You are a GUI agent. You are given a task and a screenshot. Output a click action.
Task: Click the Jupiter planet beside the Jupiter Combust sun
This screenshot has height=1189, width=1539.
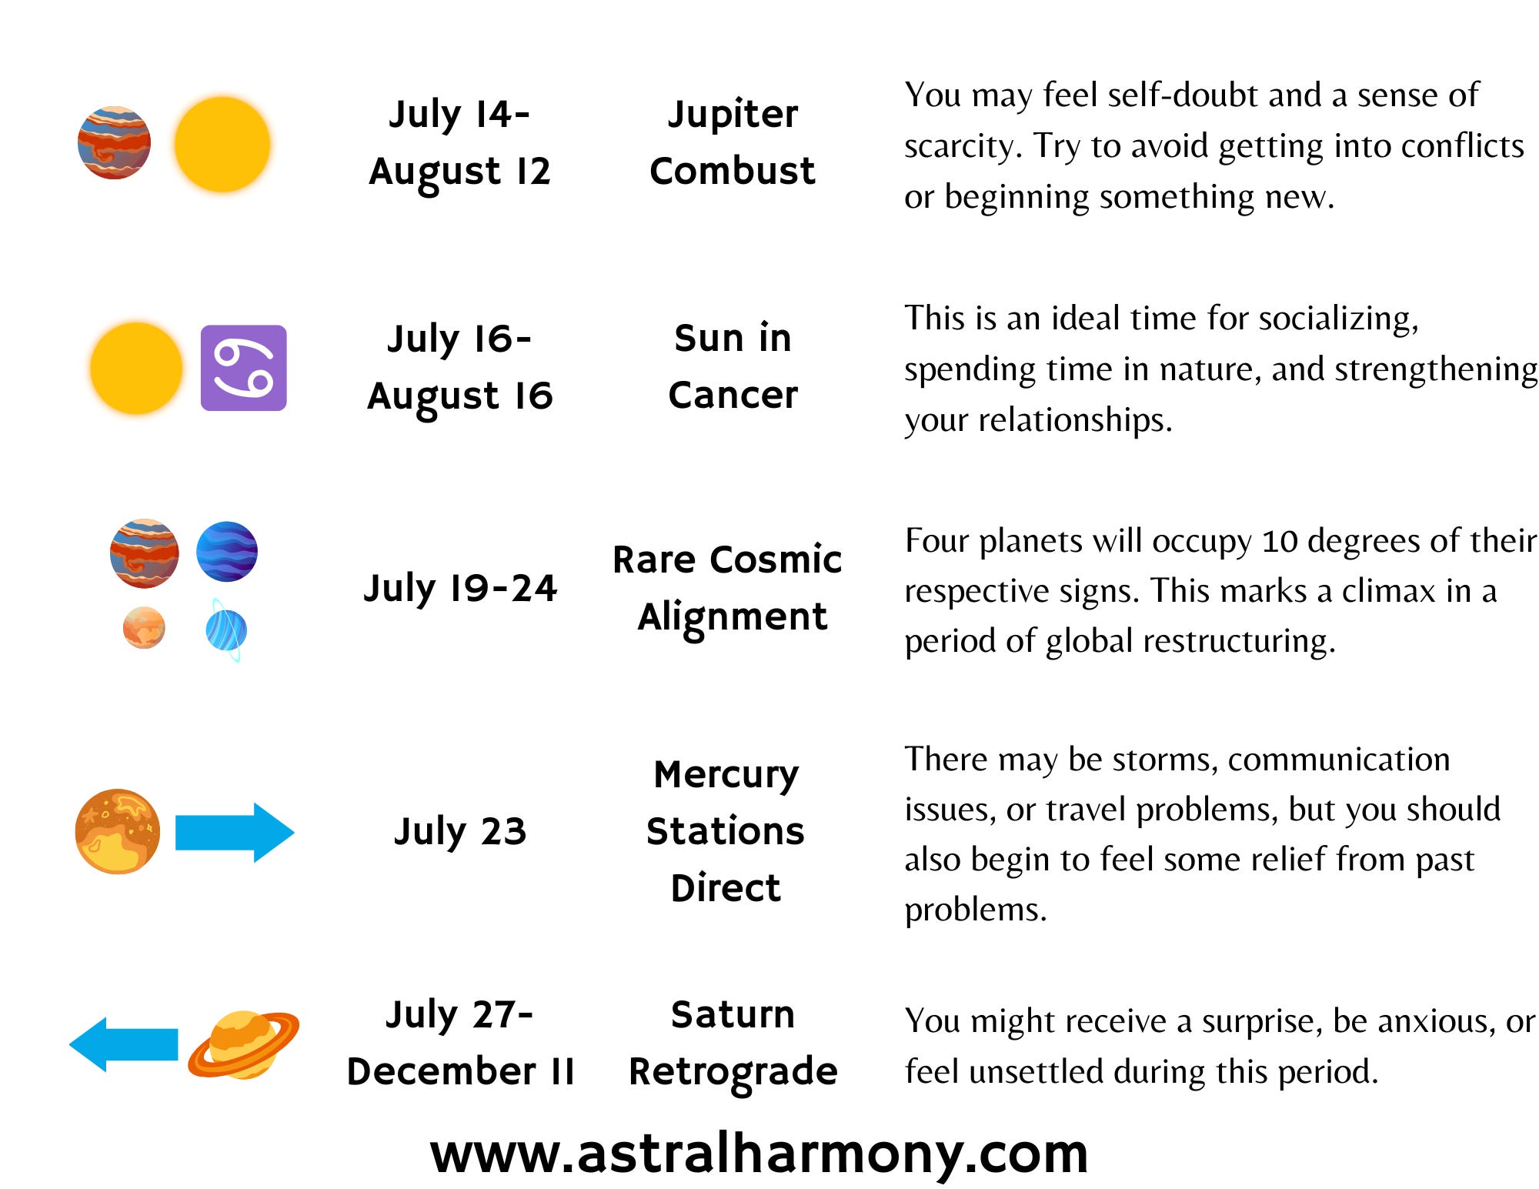114,142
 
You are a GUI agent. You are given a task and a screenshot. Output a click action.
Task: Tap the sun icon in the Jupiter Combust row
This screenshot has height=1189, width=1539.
222,144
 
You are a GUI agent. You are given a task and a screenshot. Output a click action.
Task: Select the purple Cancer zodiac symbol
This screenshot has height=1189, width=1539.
244,368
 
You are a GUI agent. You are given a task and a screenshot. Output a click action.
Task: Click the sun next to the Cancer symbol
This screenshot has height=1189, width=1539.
136,368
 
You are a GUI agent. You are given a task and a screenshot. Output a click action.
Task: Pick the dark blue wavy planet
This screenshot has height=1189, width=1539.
227,551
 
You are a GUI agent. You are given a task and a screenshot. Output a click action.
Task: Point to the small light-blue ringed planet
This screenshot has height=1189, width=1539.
226,630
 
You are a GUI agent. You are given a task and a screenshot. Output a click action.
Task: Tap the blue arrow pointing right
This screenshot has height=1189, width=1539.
235,833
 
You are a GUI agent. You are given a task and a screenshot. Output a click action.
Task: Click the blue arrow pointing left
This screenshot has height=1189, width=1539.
123,1044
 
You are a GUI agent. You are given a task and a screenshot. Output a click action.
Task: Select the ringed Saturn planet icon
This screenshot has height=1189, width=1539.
243,1044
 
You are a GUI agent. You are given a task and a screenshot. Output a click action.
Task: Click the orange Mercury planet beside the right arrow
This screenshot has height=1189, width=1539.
118,831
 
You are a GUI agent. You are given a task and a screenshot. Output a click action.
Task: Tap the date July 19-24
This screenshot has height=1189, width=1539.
460,588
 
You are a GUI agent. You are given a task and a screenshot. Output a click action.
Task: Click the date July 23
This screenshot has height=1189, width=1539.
460,831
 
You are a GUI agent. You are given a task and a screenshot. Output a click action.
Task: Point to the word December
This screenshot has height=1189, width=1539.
442,1071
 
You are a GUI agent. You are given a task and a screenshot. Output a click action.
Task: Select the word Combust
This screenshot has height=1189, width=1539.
733,171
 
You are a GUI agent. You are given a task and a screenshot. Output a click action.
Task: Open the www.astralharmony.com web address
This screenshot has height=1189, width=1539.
759,1154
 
